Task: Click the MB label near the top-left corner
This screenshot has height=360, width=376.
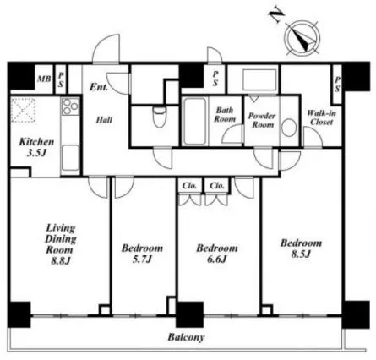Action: click(x=44, y=79)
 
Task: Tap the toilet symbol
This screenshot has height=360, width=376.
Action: click(x=160, y=117)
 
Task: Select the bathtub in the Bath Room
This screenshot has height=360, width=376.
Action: click(x=194, y=122)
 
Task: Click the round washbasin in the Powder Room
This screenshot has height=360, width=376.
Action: click(x=289, y=128)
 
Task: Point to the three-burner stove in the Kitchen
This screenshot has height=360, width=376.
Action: click(x=70, y=106)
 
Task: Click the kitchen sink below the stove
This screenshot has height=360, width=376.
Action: click(x=70, y=158)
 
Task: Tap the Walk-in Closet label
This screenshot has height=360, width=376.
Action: click(x=321, y=117)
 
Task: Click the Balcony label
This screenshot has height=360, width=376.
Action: click(x=186, y=337)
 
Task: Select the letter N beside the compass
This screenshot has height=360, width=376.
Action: click(x=276, y=14)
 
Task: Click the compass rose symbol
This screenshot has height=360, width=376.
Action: click(x=302, y=38)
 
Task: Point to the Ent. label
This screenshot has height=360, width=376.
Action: click(x=99, y=87)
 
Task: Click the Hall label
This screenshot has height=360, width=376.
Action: click(x=104, y=120)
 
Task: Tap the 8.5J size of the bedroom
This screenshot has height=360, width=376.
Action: click(x=301, y=254)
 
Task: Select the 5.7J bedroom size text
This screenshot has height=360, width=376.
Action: click(x=142, y=259)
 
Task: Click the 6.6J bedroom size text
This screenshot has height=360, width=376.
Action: click(x=217, y=259)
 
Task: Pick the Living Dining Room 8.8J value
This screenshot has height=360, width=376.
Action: click(x=61, y=261)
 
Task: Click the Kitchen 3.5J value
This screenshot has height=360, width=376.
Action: click(x=36, y=153)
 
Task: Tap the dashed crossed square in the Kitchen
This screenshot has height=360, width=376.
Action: click(x=24, y=110)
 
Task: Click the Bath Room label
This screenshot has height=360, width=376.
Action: click(x=225, y=114)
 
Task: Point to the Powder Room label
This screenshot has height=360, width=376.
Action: click(x=262, y=120)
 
